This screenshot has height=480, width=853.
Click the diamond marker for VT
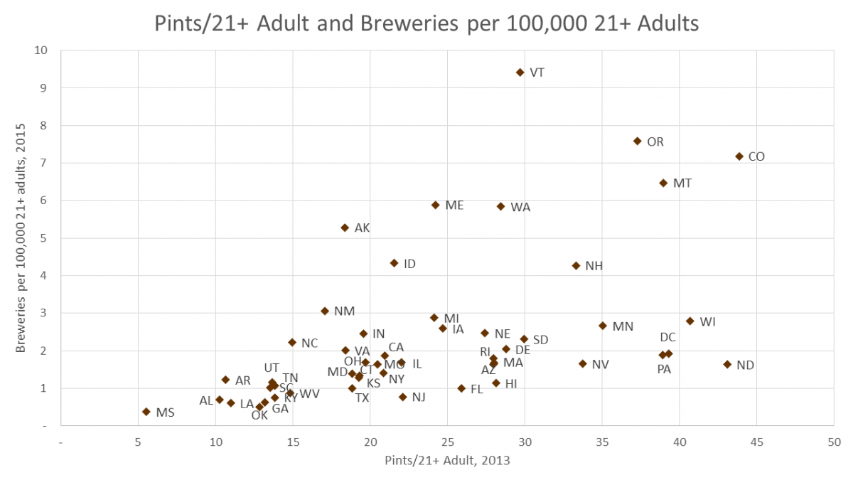pos(520,73)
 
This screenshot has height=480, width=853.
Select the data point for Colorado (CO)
pos(739,156)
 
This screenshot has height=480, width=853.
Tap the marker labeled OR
pos(638,142)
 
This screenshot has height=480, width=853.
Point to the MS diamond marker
pos(146,412)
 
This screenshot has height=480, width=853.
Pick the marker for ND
pos(727,365)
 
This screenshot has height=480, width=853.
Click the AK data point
pos(345,228)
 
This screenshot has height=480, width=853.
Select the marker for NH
pos(576,266)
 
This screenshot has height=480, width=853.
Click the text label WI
pos(707,322)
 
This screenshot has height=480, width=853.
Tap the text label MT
pos(682,183)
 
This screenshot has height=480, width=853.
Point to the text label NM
pos(344,311)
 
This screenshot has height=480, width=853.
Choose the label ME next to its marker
pos(454,206)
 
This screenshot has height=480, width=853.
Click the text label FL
pos(477,389)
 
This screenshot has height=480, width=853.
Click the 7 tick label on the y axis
pos(44,163)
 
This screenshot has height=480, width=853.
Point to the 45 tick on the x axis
pos(756,442)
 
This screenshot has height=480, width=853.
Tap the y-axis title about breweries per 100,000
pos(21,238)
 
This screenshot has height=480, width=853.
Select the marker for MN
pos(603,326)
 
